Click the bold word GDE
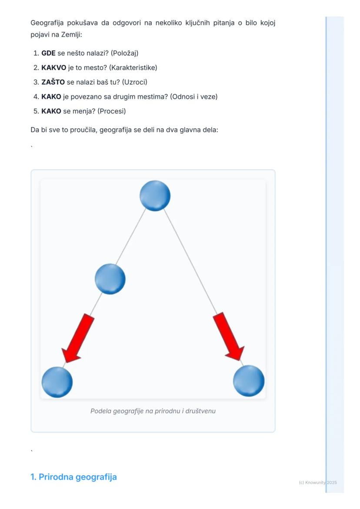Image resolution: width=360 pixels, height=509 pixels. pyautogui.click(x=48, y=53)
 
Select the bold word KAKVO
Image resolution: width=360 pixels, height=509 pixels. pyautogui.click(x=54, y=68)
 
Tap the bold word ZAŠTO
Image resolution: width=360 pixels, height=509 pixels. pyautogui.click(x=53, y=82)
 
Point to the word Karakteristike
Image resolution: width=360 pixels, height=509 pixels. pyautogui.click(x=133, y=68)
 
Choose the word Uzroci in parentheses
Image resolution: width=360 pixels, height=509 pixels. pyautogui.click(x=135, y=82)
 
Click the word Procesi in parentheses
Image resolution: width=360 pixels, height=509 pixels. pyautogui.click(x=112, y=111)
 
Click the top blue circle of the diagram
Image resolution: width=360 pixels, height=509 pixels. pyautogui.click(x=155, y=196)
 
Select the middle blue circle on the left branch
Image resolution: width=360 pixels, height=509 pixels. pyautogui.click(x=110, y=279)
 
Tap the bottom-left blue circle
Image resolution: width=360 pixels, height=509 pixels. pyautogui.click(x=57, y=382)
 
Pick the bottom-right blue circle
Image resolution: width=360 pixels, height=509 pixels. pyautogui.click(x=249, y=381)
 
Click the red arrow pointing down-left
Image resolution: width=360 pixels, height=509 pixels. pyautogui.click(x=78, y=338)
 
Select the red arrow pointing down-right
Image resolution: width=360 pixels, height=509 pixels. pyautogui.click(x=229, y=336)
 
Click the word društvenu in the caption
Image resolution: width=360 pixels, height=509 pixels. pyautogui.click(x=200, y=411)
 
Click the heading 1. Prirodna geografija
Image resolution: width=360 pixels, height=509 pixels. pyautogui.click(x=73, y=477)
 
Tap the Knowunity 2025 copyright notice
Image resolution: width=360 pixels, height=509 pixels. pyautogui.click(x=318, y=483)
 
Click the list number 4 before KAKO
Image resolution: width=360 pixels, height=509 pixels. pyautogui.click(x=36, y=97)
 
